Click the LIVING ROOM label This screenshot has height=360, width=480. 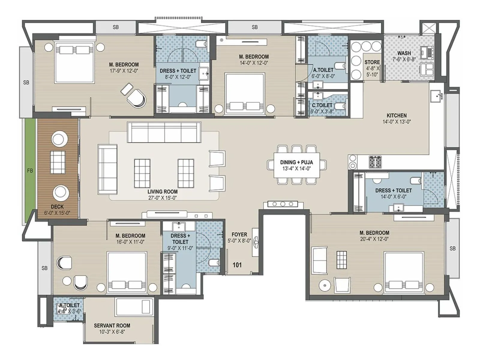(162, 191)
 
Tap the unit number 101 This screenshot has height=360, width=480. (237, 265)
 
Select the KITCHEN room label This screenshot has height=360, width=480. (396, 115)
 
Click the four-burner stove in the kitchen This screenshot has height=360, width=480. (375, 162)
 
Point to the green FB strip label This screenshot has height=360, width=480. (30, 171)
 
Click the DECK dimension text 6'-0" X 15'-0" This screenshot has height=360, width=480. (57, 213)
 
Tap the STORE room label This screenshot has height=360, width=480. (372, 62)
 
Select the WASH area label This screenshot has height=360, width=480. (404, 53)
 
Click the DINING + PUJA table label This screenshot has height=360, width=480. (296, 162)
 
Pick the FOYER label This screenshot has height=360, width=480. (239, 234)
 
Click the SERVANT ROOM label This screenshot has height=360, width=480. (112, 325)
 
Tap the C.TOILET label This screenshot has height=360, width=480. (322, 105)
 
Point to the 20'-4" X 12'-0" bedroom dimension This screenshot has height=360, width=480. (374, 239)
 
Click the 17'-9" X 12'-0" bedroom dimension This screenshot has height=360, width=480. (124, 71)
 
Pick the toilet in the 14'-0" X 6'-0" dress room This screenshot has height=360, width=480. (415, 180)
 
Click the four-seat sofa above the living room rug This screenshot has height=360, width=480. (164, 132)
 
